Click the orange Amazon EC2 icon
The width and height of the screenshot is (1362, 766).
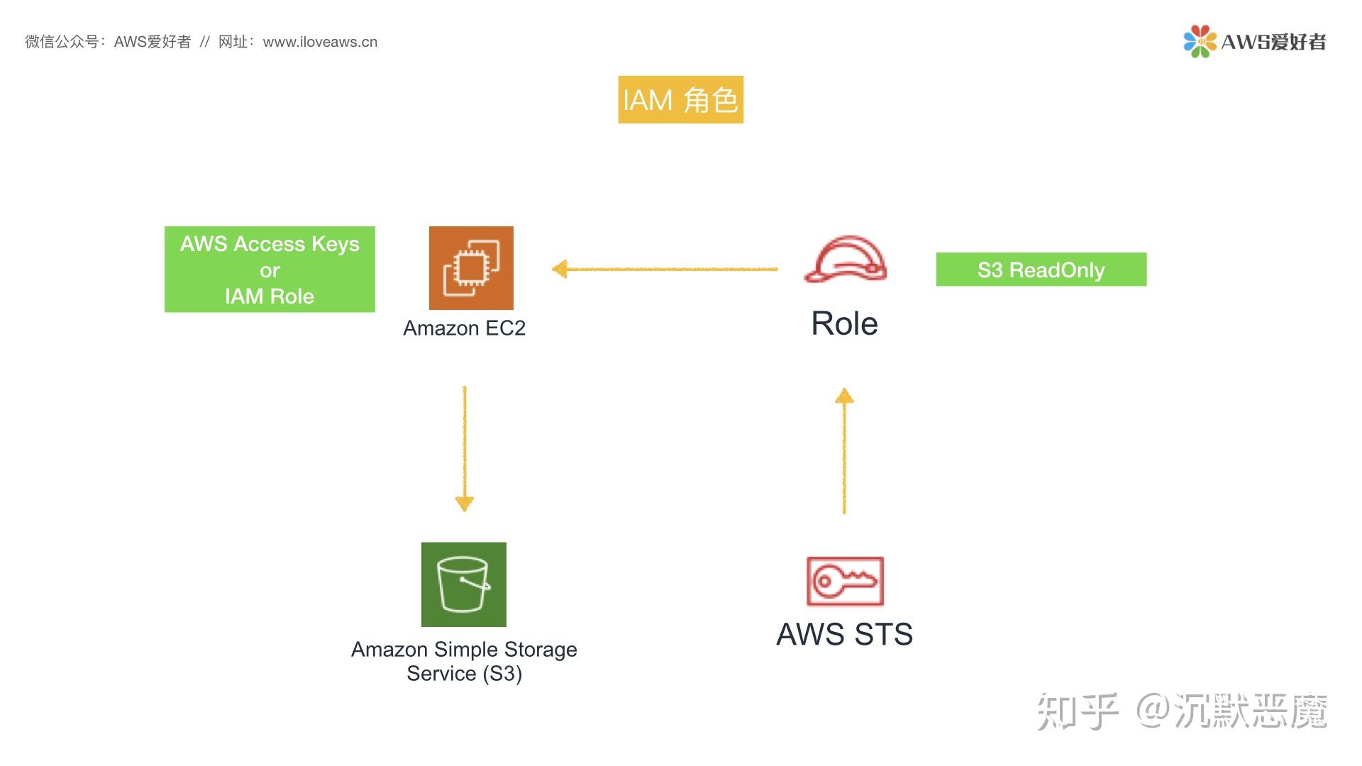click(471, 268)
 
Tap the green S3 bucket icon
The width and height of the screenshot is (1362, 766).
click(464, 584)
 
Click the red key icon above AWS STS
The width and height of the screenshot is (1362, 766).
click(845, 581)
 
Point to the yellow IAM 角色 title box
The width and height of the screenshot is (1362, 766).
click(680, 99)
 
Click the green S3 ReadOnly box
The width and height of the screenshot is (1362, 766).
click(1041, 270)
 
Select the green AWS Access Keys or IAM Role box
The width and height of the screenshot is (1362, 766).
click(270, 269)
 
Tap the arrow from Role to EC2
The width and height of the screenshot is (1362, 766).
click(667, 270)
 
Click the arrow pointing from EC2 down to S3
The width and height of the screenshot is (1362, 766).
click(465, 447)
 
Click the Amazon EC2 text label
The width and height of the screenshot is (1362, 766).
click(464, 328)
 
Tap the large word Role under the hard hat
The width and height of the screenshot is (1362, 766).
click(844, 323)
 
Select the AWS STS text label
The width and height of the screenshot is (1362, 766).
click(844, 634)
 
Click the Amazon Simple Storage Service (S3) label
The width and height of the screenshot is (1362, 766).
click(464, 661)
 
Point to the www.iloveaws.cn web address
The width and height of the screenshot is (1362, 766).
click(320, 42)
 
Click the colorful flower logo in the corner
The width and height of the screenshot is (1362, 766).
click(1199, 41)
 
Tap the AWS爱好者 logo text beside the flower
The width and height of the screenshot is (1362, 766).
click(1273, 42)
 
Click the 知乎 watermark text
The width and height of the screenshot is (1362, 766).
click(1077, 711)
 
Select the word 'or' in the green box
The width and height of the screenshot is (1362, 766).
click(270, 270)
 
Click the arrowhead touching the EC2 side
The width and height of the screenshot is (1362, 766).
click(560, 270)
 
